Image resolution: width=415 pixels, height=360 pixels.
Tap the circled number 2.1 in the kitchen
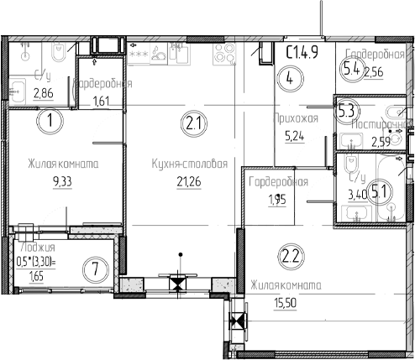192,126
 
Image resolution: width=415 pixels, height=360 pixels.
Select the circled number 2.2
291,255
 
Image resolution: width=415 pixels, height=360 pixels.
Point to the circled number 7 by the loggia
97,269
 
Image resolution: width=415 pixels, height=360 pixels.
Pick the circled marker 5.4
351,70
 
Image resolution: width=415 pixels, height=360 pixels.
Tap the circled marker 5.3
345,110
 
